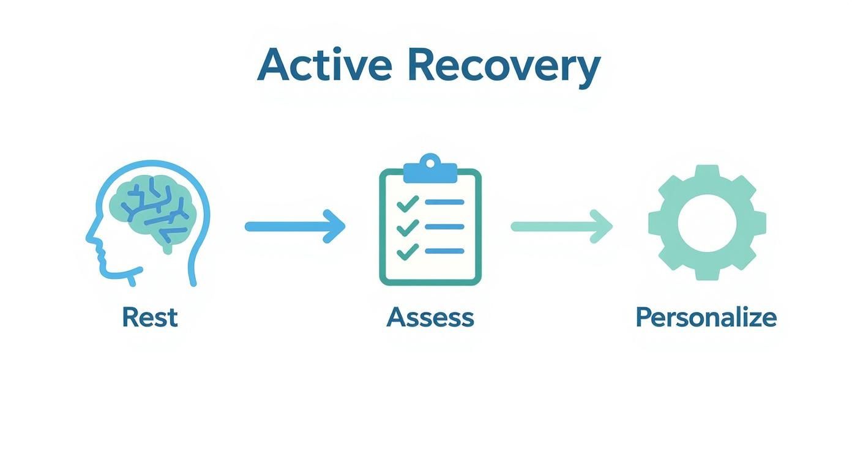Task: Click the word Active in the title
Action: click(324, 64)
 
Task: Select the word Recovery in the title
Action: click(503, 64)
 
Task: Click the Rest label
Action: click(150, 317)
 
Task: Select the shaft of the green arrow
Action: click(551, 226)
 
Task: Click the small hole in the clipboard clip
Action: click(430, 163)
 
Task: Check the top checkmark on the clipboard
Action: click(408, 202)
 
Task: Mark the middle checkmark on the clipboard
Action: click(408, 227)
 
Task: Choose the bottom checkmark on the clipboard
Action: click(408, 251)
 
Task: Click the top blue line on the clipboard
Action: click(444, 202)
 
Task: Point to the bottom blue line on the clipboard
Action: click(444, 251)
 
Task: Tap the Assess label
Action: click(430, 317)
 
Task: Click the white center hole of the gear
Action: click(707, 223)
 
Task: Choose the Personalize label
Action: click(706, 317)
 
